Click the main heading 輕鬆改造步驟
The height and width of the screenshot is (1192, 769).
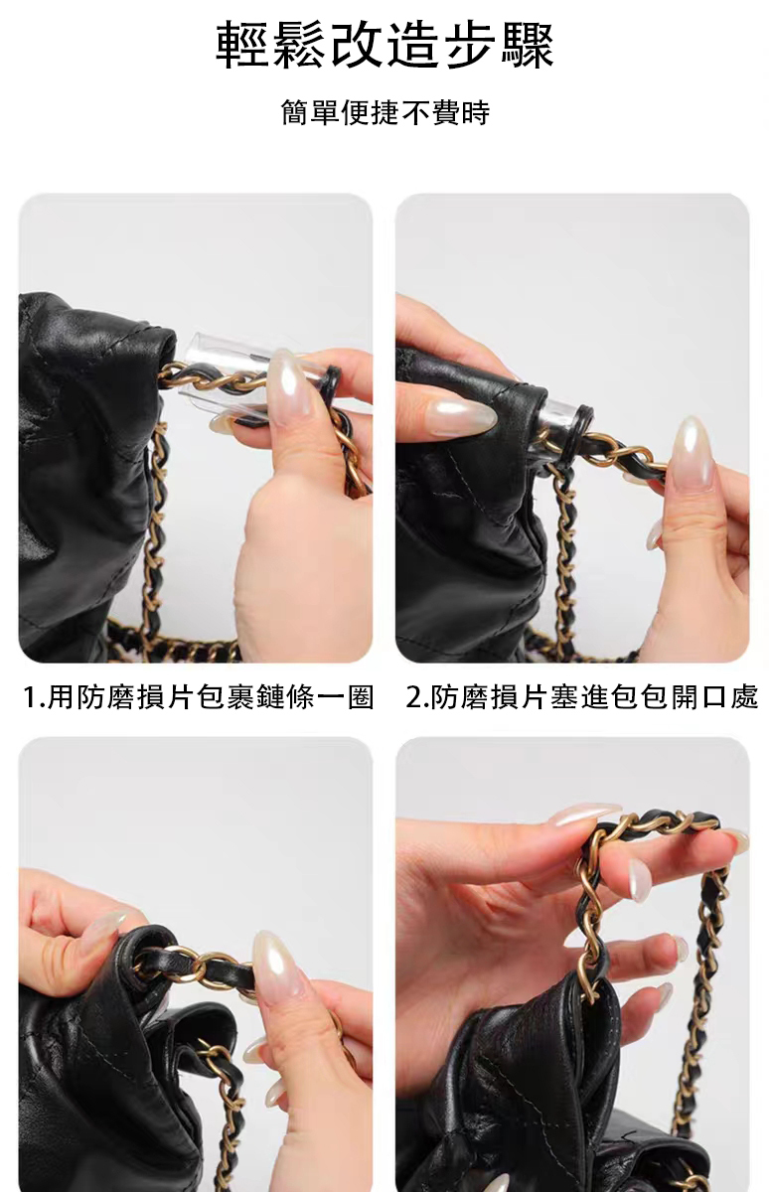point(384,46)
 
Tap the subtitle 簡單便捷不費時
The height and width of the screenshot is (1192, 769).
point(385,113)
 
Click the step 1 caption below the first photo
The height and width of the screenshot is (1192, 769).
point(199,697)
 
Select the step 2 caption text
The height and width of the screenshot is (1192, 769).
point(581,697)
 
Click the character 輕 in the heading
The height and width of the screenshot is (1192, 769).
point(242,46)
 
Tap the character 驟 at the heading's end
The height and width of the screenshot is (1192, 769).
point(528,46)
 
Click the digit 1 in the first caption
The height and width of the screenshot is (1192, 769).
point(30,697)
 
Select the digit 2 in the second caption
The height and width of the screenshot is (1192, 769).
point(414,697)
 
